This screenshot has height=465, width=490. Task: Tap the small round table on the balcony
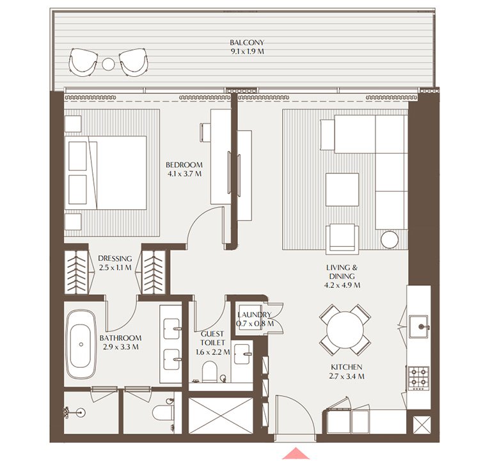point(109,63)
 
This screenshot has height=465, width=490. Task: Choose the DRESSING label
point(115,259)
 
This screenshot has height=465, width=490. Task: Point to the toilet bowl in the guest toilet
point(209,371)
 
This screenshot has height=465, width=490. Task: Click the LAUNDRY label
point(255,315)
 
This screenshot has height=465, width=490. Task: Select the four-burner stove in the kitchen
point(418,377)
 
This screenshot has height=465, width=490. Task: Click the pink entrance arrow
point(295,453)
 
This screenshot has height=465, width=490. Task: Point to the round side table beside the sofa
point(390,239)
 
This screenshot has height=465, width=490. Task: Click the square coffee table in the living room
point(342,189)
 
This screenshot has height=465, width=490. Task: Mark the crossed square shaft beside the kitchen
point(422,425)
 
